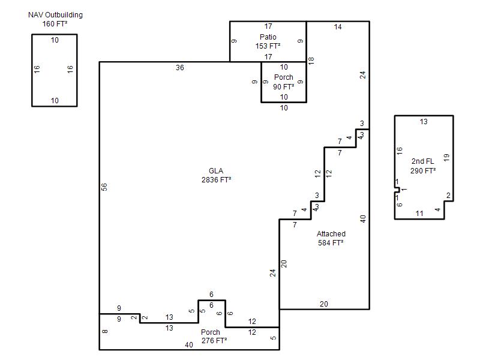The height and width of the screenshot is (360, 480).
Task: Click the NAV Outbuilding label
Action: point(55,15)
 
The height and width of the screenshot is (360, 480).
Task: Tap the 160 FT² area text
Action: point(55,23)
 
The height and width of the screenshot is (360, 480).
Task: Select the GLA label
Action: point(216,171)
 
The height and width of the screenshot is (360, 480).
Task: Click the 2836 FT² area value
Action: point(216,179)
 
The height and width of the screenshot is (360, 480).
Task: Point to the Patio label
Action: point(268,37)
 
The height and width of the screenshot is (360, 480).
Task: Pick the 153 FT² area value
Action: point(268,46)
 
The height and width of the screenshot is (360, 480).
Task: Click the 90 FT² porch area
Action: point(283,87)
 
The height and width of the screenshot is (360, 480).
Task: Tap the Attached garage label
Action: point(331,234)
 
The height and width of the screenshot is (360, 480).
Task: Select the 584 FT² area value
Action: point(331,243)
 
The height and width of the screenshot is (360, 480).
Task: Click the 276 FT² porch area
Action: point(214,340)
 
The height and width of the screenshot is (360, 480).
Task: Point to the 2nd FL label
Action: point(422,161)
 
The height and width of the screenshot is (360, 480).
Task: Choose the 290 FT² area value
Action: point(423,170)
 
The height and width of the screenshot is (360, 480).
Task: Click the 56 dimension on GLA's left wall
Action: point(104,187)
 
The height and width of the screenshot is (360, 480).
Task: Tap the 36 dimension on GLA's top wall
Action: point(179,68)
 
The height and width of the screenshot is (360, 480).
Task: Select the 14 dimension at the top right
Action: point(338,27)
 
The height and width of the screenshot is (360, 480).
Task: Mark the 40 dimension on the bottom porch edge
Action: point(189,345)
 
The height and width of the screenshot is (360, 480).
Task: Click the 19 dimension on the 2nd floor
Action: point(446,158)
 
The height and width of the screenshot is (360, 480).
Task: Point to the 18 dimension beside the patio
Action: point(311,61)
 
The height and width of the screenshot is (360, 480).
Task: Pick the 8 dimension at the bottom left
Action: point(104,331)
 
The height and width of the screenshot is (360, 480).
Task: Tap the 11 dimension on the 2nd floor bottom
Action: point(419,214)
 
